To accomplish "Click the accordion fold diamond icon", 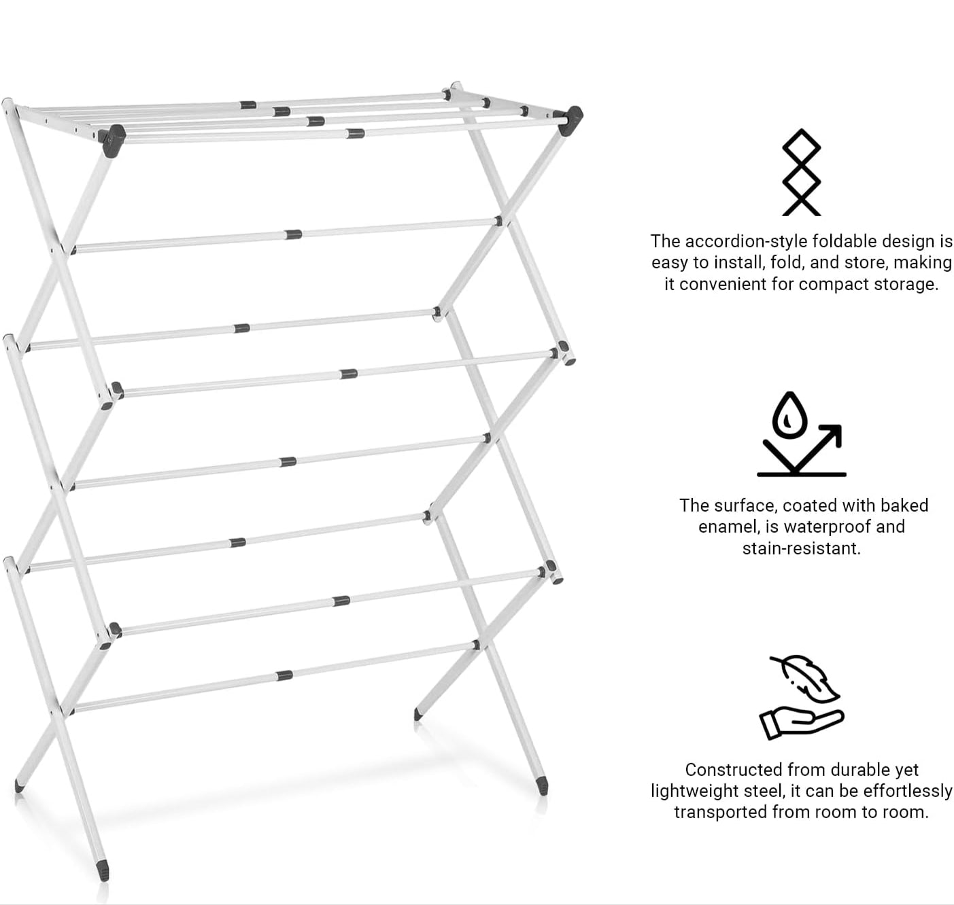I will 801,173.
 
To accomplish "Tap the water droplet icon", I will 787,416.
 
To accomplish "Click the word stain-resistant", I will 801,548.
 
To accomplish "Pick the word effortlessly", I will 908,791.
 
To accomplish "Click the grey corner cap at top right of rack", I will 574,115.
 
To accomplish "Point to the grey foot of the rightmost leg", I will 542,785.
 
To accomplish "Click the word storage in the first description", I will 902,284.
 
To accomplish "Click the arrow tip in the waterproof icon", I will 836,429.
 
